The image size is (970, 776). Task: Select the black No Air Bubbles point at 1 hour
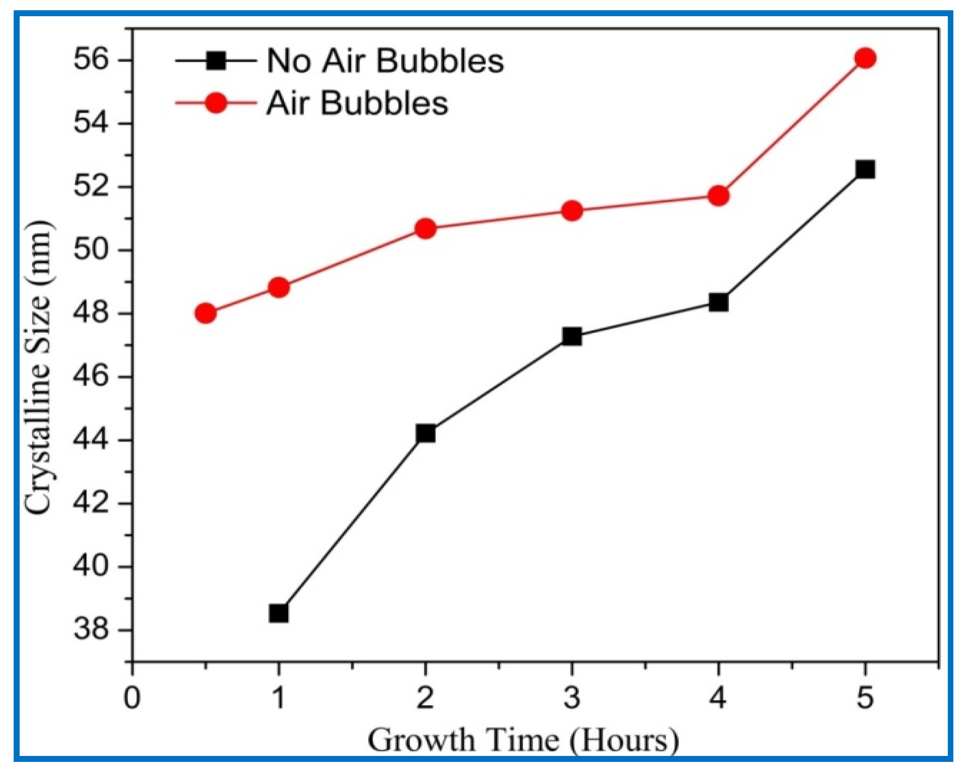click(x=278, y=613)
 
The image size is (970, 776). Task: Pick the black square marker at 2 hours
click(x=426, y=433)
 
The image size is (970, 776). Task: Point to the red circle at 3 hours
click(x=572, y=211)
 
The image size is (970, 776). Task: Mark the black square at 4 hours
click(x=719, y=302)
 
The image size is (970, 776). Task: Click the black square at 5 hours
click(x=865, y=169)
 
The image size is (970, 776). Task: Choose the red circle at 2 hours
click(x=426, y=228)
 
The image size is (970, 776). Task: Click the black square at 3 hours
click(x=572, y=336)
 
